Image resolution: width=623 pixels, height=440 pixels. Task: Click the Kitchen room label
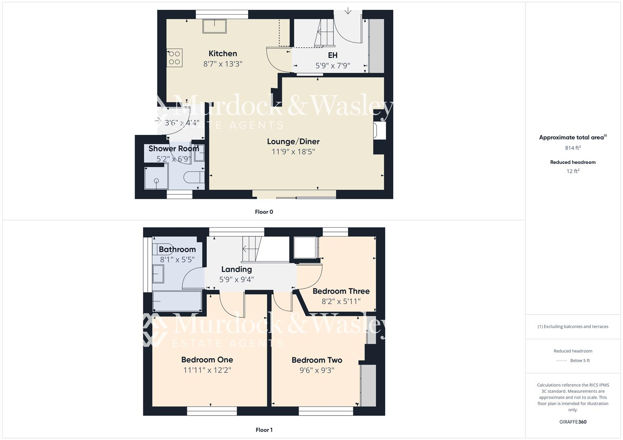click(x=223, y=53)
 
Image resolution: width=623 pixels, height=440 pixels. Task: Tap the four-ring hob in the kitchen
click(x=175, y=58)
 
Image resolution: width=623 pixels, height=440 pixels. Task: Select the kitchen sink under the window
click(x=215, y=26)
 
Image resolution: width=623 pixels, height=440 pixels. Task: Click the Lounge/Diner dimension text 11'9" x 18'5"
click(x=293, y=152)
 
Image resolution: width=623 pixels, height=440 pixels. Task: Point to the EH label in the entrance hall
click(x=333, y=55)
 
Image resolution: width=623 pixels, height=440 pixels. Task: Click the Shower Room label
click(x=173, y=149)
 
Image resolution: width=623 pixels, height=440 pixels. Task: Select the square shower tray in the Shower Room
click(x=156, y=178)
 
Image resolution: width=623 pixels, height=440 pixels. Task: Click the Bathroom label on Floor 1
click(x=177, y=249)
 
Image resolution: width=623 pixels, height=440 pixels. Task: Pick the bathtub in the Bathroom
click(x=177, y=301)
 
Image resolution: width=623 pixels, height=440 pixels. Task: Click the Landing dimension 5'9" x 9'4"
click(x=237, y=279)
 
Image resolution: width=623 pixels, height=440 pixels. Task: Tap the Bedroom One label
click(x=207, y=360)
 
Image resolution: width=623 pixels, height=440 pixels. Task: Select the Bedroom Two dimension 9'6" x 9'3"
click(x=317, y=370)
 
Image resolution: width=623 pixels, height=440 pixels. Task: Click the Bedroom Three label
click(x=341, y=291)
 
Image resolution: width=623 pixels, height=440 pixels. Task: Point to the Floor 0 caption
click(x=264, y=212)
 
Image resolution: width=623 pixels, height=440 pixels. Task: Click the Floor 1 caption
click(x=264, y=430)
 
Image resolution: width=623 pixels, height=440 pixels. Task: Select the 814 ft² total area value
click(x=573, y=148)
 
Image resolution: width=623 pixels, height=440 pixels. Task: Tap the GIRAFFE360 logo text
click(x=573, y=422)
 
